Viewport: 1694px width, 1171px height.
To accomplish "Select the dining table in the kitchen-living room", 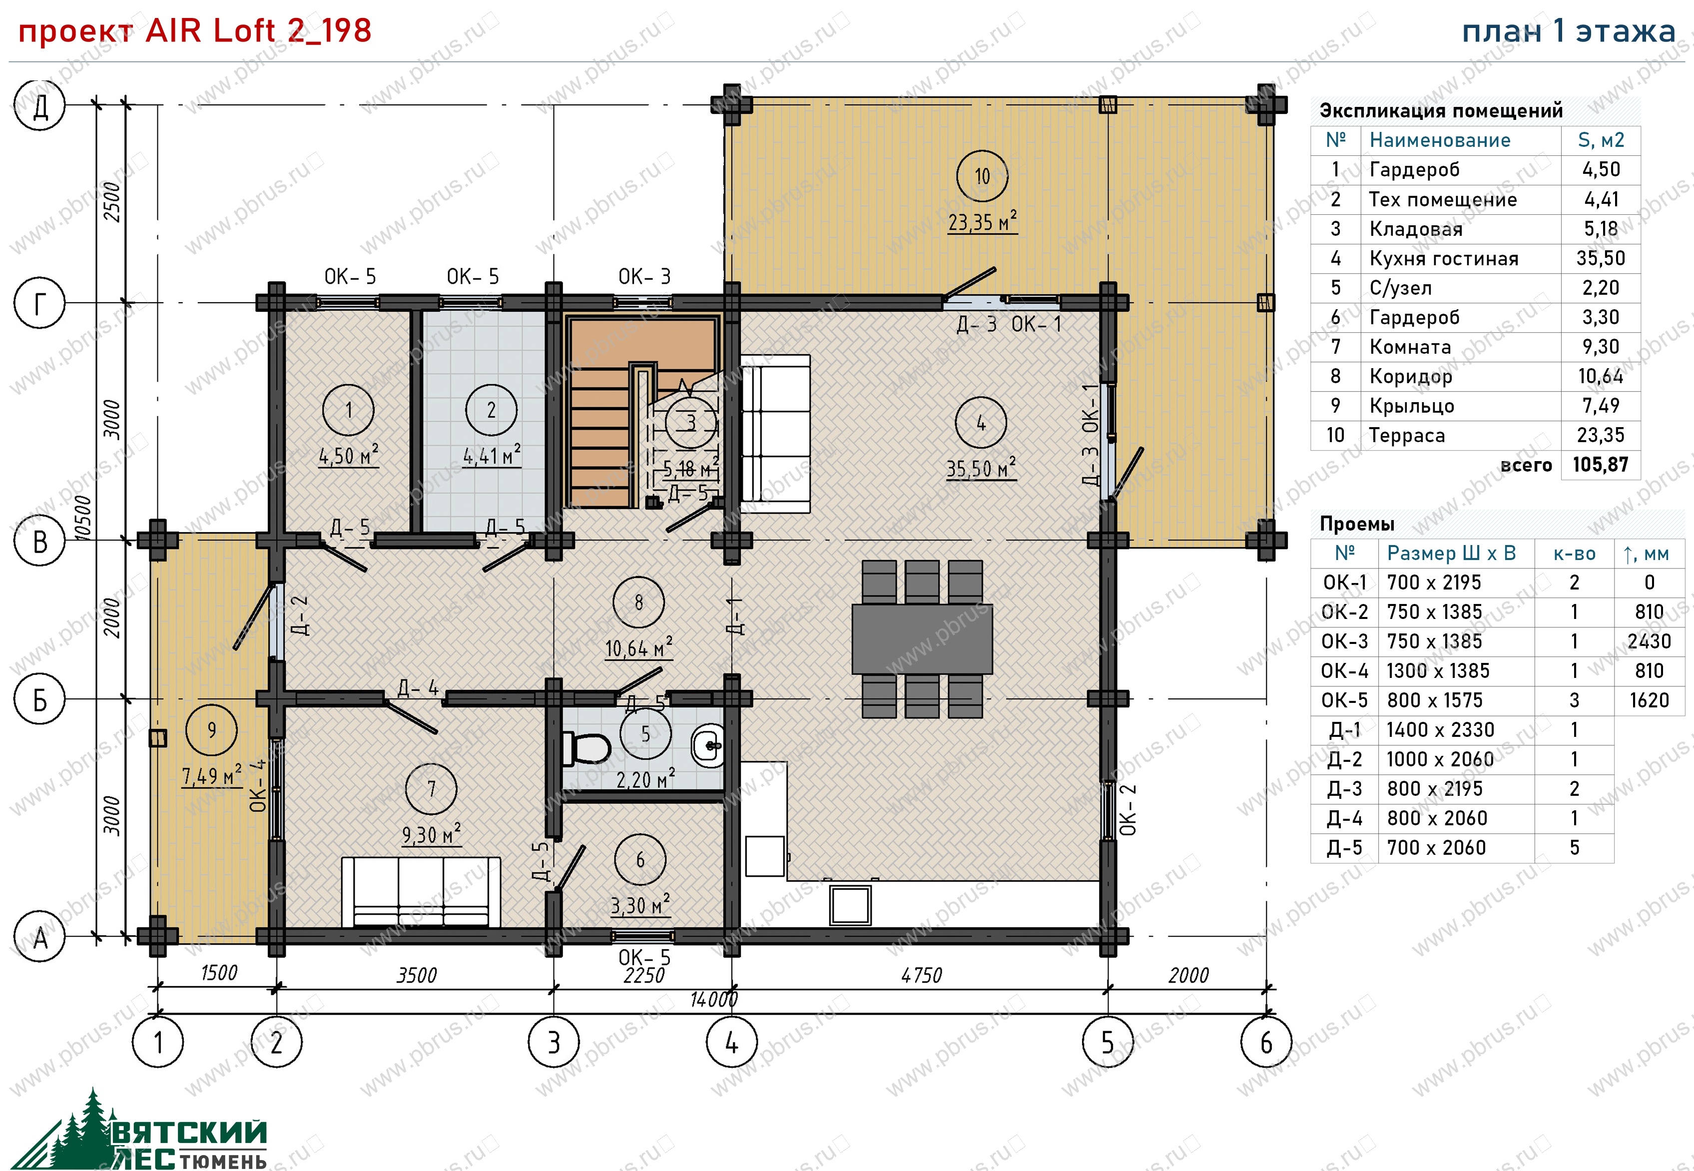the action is [x=922, y=638].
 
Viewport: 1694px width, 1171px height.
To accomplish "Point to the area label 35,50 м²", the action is [x=982, y=468].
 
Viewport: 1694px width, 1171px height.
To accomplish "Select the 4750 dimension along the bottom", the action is [x=922, y=975].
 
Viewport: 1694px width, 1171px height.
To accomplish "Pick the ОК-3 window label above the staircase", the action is [x=644, y=277].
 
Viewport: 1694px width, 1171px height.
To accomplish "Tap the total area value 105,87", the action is [x=1600, y=465].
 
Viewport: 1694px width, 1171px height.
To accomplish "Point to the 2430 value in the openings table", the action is [x=1649, y=641].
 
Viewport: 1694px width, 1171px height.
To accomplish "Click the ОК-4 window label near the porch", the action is [x=257, y=786].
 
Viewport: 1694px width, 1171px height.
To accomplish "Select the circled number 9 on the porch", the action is [x=212, y=730].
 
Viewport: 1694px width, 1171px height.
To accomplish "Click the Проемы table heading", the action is [x=1356, y=524].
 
